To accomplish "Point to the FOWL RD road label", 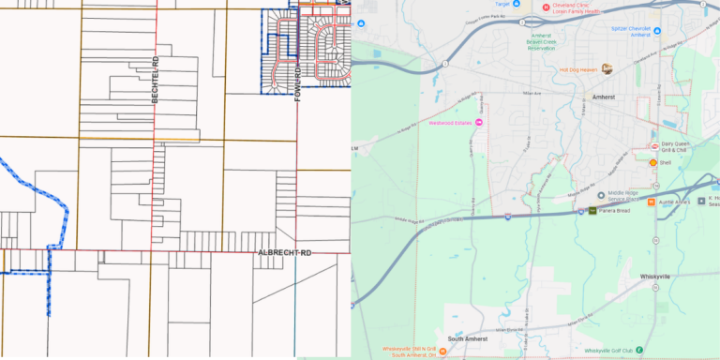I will [x=297, y=83].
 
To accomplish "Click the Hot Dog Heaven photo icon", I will [x=607, y=69].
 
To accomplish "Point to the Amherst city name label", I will [x=605, y=96].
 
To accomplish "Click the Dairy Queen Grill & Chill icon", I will [x=654, y=146].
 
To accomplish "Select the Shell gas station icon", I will [x=653, y=163].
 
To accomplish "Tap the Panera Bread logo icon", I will [x=592, y=212].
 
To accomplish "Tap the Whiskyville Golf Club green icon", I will [x=639, y=351].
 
